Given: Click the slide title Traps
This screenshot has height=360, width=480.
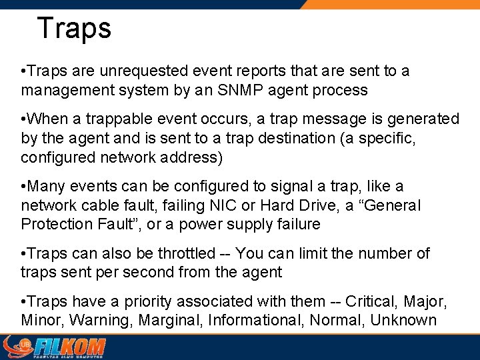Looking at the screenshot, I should tap(74, 28).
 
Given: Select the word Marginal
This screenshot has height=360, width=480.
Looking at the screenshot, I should tap(169, 321).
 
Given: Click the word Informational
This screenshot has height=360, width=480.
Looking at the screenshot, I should tap(256, 321).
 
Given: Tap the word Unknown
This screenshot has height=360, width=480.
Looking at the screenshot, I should tap(403, 321).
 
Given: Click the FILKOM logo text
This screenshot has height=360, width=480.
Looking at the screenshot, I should tap(69, 347).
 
